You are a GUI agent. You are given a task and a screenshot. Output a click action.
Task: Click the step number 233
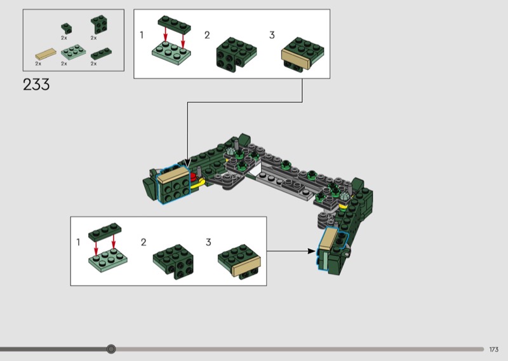pyautogui.click(x=36, y=85)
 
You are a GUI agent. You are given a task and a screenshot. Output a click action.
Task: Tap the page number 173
pyautogui.click(x=494, y=350)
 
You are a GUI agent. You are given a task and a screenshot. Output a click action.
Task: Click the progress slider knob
pyautogui.click(x=111, y=349)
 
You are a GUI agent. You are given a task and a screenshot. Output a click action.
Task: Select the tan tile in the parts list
pyautogui.click(x=46, y=54)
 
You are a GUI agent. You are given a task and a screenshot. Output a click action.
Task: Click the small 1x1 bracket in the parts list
pyautogui.click(x=67, y=28)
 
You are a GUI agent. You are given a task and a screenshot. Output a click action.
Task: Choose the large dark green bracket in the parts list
pyautogui.click(x=99, y=25)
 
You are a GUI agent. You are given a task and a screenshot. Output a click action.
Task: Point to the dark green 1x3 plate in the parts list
pyautogui.click(x=101, y=54)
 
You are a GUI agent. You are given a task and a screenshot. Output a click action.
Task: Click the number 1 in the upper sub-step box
pyautogui.click(x=142, y=35)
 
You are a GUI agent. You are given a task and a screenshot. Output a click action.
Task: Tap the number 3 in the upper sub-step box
pyautogui.click(x=272, y=35)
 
